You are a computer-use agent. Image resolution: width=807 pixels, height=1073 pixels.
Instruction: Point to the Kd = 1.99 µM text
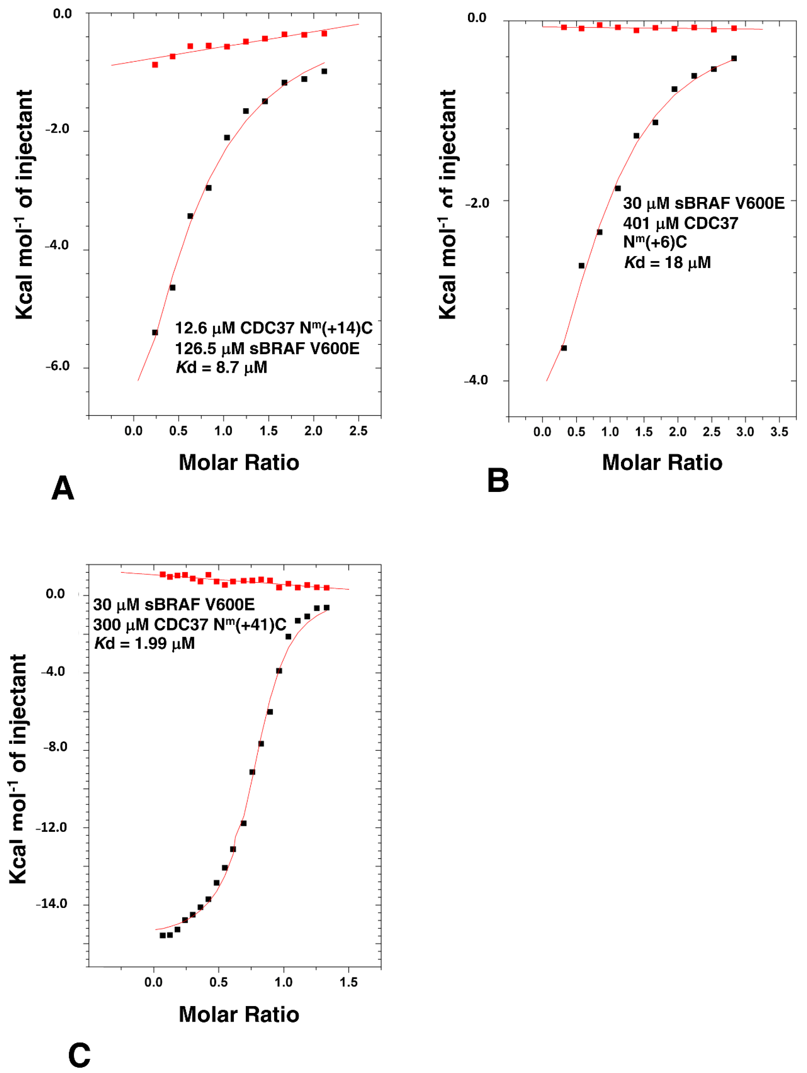(144, 644)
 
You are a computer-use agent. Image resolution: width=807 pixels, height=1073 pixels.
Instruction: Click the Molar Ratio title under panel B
(662, 462)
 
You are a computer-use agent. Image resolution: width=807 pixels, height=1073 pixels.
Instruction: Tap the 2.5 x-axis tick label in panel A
(358, 431)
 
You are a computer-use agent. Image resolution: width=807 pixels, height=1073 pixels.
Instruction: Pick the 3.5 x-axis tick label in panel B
(779, 432)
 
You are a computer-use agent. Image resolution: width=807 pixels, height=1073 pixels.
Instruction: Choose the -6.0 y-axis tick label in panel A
(58, 366)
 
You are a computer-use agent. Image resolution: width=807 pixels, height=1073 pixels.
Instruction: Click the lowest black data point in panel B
(564, 348)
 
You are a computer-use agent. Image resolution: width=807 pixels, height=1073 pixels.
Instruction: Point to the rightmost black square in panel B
(734, 58)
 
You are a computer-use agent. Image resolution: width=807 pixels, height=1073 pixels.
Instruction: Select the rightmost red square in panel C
(326, 588)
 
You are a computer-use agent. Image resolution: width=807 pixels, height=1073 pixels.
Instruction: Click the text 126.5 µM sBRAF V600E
(267, 348)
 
